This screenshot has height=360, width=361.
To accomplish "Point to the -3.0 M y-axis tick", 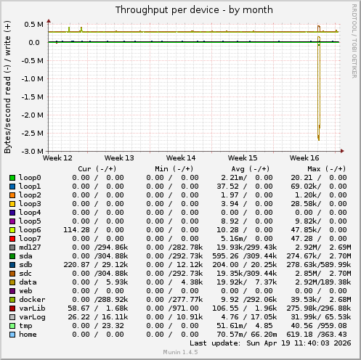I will pos(32,151).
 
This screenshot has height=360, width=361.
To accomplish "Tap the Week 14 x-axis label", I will pos(180,157).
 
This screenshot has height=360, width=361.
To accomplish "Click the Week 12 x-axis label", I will pos(58,157).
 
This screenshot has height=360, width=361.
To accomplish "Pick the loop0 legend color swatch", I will pos(12,178).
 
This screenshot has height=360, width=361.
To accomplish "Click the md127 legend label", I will pos(31,247).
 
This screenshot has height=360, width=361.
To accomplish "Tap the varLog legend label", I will pos(33,317).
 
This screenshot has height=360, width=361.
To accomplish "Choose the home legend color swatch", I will pos(12,335).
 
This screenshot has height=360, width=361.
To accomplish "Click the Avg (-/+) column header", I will pos(243,168).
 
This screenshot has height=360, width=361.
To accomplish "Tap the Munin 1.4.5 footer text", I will pos(180,354).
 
